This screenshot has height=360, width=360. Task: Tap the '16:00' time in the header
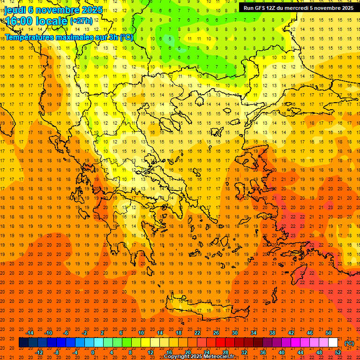click(19, 21)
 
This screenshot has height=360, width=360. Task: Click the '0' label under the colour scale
click(93, 352)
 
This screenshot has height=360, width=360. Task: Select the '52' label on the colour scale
click(338, 352)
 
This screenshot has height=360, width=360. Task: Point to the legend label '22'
click(197, 333)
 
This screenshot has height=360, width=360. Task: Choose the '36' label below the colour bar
click(263, 352)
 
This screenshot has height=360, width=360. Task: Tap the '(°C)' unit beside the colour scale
click(349, 343)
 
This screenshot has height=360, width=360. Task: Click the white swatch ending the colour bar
click(333, 343)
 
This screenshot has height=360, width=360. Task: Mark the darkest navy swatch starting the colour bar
click(23, 343)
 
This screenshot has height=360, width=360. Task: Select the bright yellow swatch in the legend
click(145, 343)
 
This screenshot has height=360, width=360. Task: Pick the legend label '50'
click(329, 333)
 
